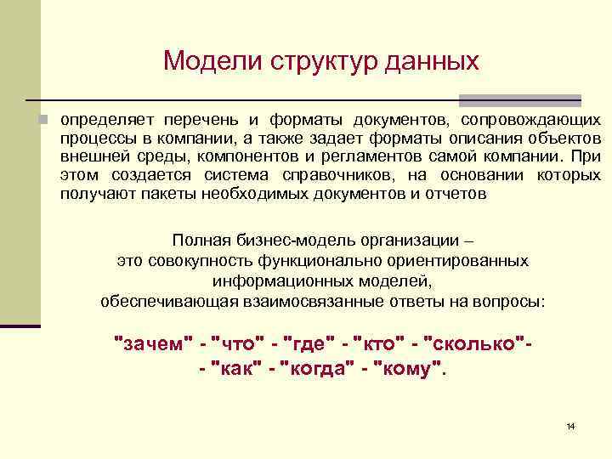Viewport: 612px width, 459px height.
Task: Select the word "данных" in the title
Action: [x=433, y=61]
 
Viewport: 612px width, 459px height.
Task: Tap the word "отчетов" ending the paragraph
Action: [x=458, y=194]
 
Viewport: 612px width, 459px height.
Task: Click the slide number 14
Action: [x=569, y=425]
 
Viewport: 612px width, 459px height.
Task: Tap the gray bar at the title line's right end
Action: [x=520, y=99]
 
